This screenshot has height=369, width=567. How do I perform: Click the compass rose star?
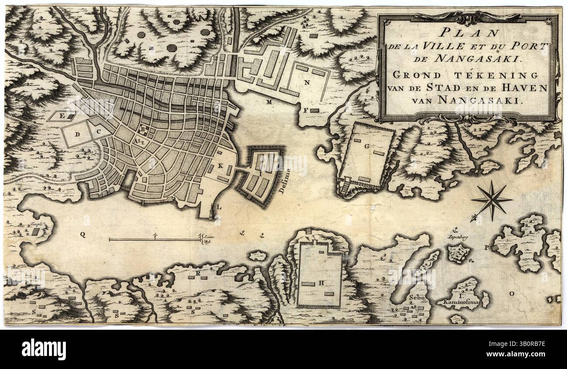point(492,200)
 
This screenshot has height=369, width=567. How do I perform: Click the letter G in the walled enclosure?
point(367,147)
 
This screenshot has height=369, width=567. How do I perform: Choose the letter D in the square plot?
point(77,134)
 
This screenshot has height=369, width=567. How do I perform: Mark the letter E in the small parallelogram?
point(62,116)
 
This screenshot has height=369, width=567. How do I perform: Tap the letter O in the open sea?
point(512,294)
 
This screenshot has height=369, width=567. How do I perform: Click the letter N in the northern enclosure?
point(307,82)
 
